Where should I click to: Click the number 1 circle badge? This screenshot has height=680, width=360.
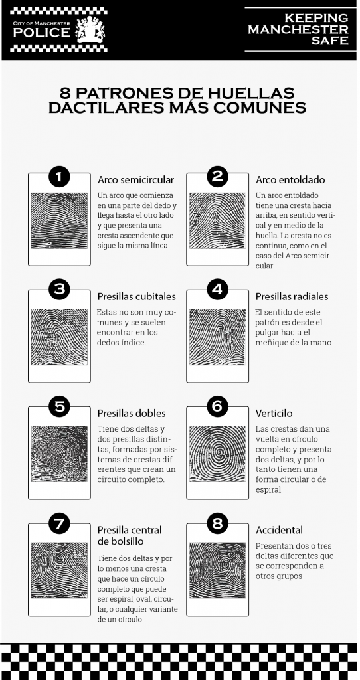(x=59, y=177)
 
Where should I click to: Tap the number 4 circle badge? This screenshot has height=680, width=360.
(x=217, y=290)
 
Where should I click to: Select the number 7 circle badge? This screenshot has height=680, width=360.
(x=59, y=523)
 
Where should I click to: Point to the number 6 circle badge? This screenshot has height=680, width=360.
(x=217, y=406)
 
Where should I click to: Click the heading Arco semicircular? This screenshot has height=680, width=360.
(x=135, y=179)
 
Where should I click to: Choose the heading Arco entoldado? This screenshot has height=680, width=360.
(x=290, y=179)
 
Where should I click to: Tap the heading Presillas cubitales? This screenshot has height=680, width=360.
(x=137, y=296)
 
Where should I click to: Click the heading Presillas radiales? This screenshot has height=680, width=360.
(x=292, y=296)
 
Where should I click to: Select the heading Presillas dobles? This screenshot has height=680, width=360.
(x=132, y=413)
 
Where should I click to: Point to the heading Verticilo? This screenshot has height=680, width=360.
(x=274, y=413)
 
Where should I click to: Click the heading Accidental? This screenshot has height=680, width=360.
(x=280, y=530)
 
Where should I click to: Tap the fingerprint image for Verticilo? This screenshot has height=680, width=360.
(x=217, y=454)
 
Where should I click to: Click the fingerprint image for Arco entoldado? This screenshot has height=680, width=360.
(x=217, y=220)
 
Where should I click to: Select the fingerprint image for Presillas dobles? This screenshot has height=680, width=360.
(x=59, y=454)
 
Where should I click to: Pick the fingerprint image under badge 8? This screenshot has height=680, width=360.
(x=217, y=570)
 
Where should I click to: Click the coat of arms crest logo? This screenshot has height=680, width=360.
(x=90, y=30)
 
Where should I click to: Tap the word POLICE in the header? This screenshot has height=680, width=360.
(x=42, y=33)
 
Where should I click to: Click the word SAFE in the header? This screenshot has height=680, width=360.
(x=329, y=41)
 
